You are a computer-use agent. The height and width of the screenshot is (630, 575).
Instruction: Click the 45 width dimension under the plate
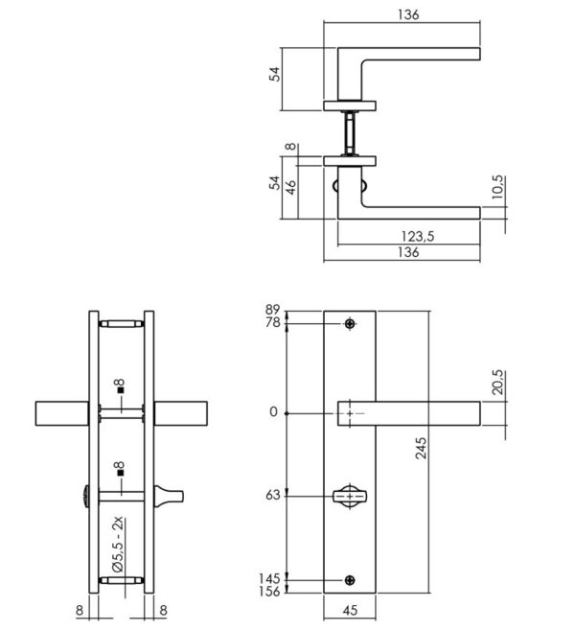pos(353,609)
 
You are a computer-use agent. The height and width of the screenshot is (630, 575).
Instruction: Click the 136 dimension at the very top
pos(407,15)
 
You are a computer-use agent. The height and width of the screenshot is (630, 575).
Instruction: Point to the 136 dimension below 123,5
pos(406,252)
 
